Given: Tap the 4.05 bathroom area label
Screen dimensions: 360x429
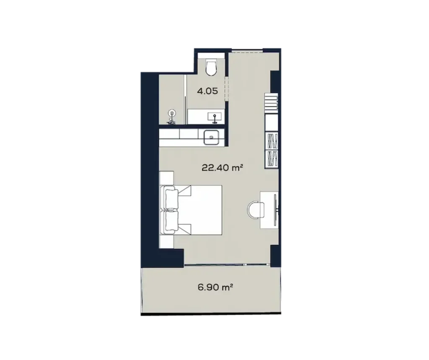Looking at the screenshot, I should (x=207, y=91).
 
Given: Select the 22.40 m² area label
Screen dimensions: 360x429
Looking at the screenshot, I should (x=222, y=168).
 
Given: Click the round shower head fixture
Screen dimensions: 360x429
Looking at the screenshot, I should (x=171, y=113).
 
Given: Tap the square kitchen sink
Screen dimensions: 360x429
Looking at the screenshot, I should (x=211, y=137).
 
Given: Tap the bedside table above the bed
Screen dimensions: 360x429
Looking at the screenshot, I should (x=167, y=178).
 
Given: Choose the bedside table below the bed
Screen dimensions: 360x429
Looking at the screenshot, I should (x=167, y=241).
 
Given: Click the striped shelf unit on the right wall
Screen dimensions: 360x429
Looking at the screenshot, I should (x=271, y=104).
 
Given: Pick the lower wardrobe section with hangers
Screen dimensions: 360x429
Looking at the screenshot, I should (x=271, y=159).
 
